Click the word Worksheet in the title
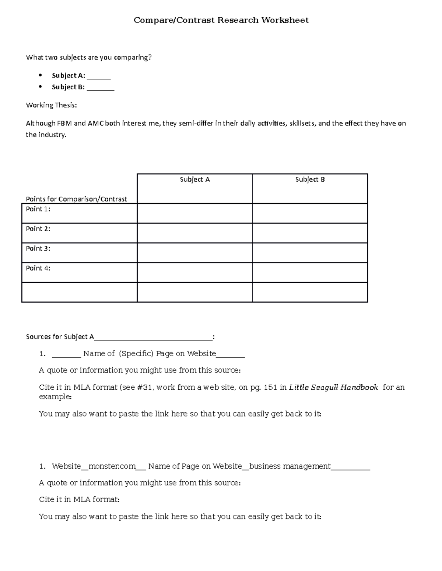click(285, 20)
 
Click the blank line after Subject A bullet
click(99, 76)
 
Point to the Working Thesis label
click(51, 105)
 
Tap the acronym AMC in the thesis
click(95, 124)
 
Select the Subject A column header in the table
click(194, 179)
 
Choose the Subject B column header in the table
click(310, 179)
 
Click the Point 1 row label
click(38, 209)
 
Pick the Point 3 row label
click(38, 249)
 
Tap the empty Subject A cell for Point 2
click(194, 233)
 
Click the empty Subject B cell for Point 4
click(310, 272)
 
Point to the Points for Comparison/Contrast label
click(76, 199)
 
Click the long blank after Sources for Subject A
click(153, 337)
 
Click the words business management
click(290, 467)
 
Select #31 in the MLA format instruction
click(145, 388)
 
